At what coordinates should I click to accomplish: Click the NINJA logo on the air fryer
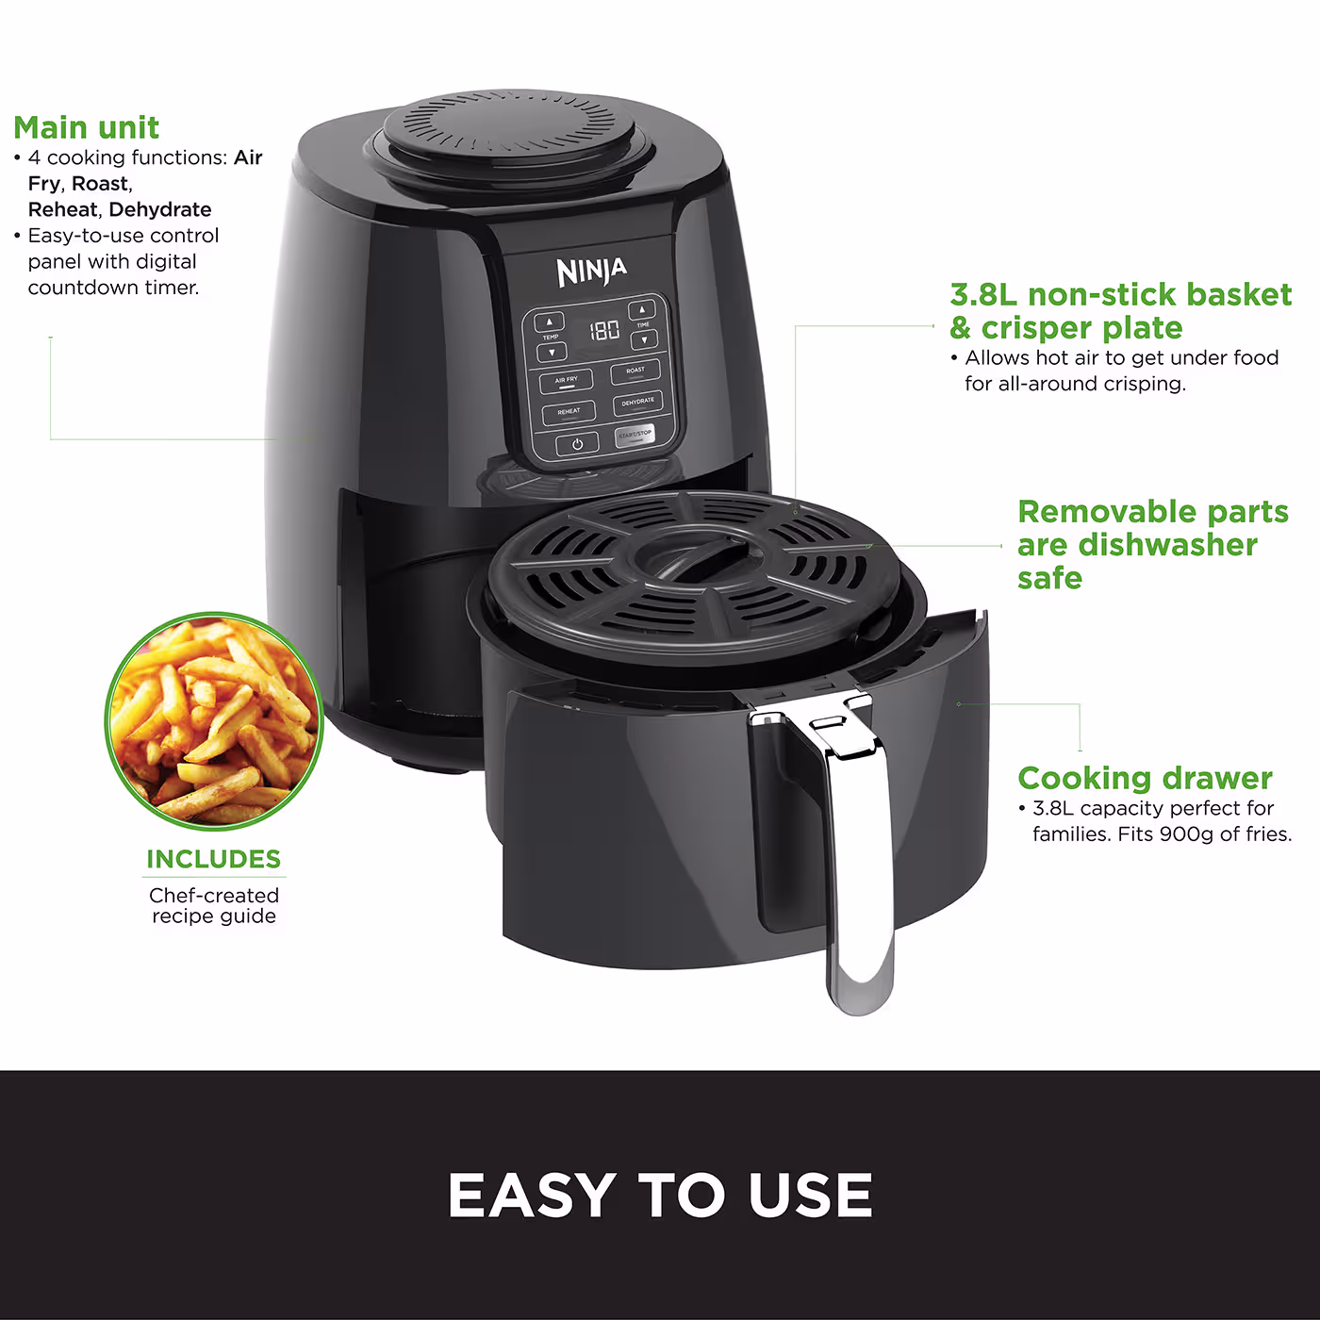coord(591,272)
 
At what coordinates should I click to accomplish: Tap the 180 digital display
coord(604,330)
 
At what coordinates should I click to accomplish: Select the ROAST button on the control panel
coord(635,371)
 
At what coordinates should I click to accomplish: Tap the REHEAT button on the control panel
coord(569,413)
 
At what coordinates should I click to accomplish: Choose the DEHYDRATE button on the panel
coord(638,403)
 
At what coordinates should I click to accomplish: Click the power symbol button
coord(577,444)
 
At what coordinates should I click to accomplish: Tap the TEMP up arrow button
coord(550,322)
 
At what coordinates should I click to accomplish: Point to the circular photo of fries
coord(214,721)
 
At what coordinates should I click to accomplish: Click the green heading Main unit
coord(86,127)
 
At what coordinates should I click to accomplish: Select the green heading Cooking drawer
coord(1145,778)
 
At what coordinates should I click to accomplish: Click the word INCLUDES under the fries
coord(213,859)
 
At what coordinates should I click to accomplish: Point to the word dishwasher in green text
coord(1167,545)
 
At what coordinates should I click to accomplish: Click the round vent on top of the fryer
coord(509,129)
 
